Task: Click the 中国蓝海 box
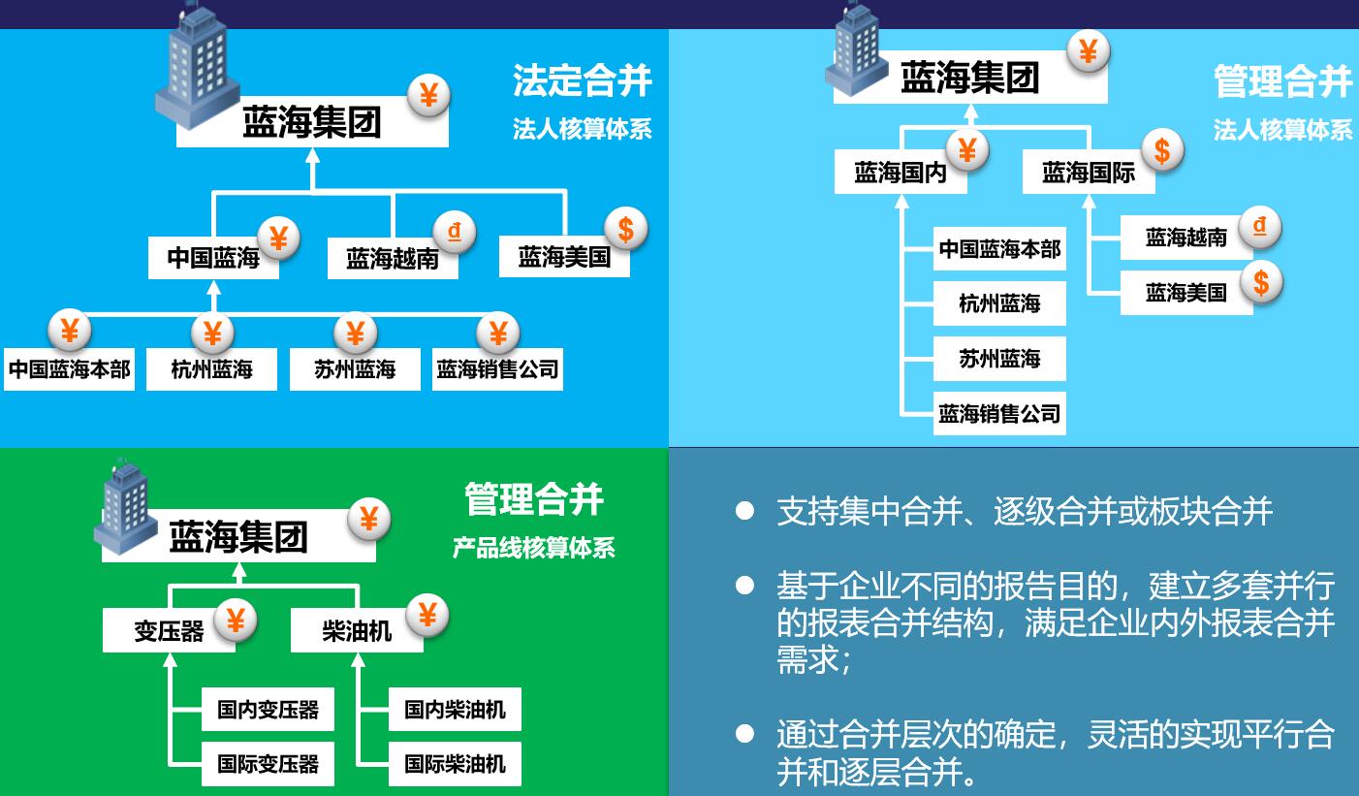[213, 258]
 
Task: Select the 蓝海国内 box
[901, 173]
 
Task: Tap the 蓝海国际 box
[1089, 173]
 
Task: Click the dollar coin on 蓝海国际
[1162, 150]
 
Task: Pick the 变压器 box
[170, 630]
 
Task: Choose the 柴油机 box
[357, 630]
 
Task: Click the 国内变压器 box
[268, 710]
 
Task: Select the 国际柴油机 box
[455, 764]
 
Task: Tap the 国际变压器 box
[268, 764]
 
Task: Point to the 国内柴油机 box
[455, 710]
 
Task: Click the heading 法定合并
[582, 80]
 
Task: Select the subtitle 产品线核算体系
[534, 548]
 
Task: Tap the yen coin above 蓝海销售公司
[497, 333]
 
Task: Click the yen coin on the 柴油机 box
[427, 616]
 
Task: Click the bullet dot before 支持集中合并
[744, 511]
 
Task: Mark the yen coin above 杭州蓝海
[212, 333]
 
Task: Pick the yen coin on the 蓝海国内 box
[967, 150]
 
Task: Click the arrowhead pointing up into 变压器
[171, 660]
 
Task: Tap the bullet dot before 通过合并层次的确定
[744, 734]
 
